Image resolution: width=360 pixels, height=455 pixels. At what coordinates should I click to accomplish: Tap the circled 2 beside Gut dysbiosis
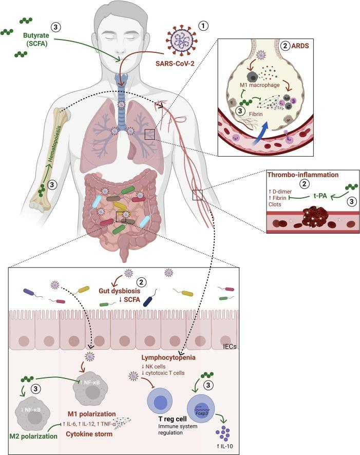(x=138, y=282)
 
